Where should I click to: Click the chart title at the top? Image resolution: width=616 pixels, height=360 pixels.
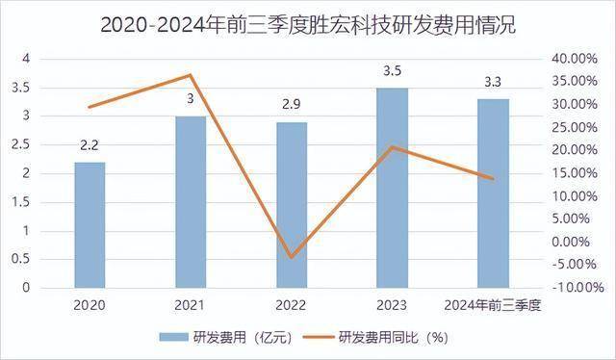point(308,23)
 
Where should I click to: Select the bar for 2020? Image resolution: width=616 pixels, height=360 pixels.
point(90,225)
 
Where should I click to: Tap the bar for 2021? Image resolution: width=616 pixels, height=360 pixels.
point(191,202)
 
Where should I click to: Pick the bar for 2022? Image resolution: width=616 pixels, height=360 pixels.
point(292,205)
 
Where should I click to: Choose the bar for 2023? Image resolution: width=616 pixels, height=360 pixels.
point(393,188)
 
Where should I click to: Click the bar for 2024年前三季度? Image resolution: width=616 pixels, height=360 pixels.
point(494,193)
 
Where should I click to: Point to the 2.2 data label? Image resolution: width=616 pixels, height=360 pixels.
point(90,146)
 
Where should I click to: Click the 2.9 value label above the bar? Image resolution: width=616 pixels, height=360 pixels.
point(292,104)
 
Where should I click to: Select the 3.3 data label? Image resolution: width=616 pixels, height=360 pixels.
point(494,81)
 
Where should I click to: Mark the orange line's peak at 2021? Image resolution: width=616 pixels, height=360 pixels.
point(191,75)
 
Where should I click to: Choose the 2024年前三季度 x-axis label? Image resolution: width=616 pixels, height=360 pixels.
point(494,305)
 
